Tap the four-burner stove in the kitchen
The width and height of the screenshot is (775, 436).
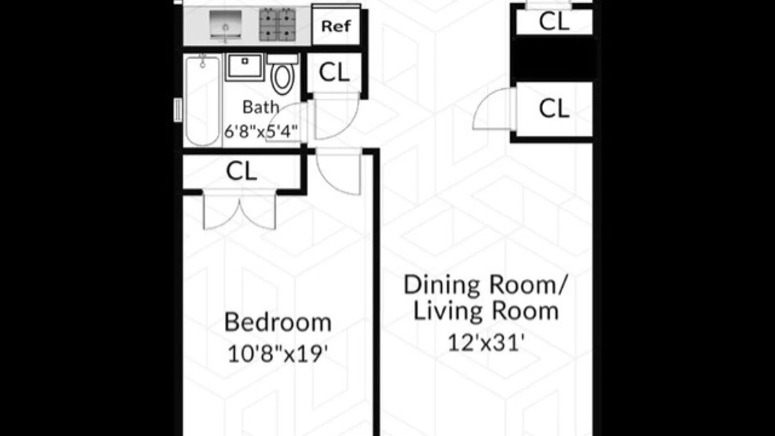(277, 25)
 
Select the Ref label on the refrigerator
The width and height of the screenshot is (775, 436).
(336, 26)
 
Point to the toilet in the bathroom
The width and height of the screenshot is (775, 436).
(283, 74)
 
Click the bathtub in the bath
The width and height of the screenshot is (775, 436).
(203, 101)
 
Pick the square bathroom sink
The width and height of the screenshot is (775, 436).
(245, 67)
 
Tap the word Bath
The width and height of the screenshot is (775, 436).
(261, 107)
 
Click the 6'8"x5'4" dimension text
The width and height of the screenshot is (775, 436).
(261, 131)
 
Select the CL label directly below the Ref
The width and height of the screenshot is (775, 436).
(334, 73)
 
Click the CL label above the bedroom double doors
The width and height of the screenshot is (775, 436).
(241, 171)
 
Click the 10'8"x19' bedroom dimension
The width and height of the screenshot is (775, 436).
(278, 354)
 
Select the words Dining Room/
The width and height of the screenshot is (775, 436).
(486, 285)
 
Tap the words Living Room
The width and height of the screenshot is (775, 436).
(486, 312)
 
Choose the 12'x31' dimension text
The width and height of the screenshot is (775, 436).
(486, 343)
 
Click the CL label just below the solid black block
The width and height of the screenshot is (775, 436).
(554, 109)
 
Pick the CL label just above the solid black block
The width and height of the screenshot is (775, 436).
(554, 21)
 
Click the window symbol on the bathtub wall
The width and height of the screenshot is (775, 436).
(178, 110)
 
